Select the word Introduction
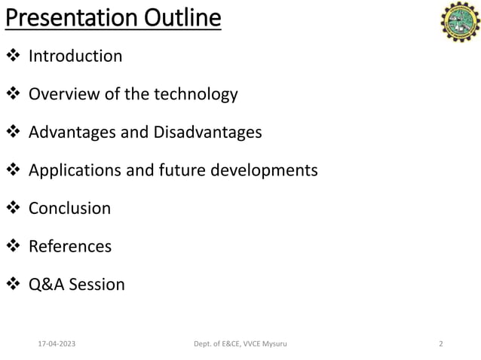(x=75, y=56)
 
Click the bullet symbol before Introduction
(x=14, y=56)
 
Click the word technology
(x=195, y=94)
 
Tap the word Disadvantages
(x=207, y=133)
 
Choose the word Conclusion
(x=69, y=209)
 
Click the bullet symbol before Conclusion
(x=14, y=209)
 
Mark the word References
(x=70, y=246)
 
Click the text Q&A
(x=45, y=285)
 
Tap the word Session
(x=97, y=285)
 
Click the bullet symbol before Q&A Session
(x=14, y=285)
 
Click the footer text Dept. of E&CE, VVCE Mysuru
(x=240, y=344)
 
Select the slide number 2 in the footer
(x=441, y=344)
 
